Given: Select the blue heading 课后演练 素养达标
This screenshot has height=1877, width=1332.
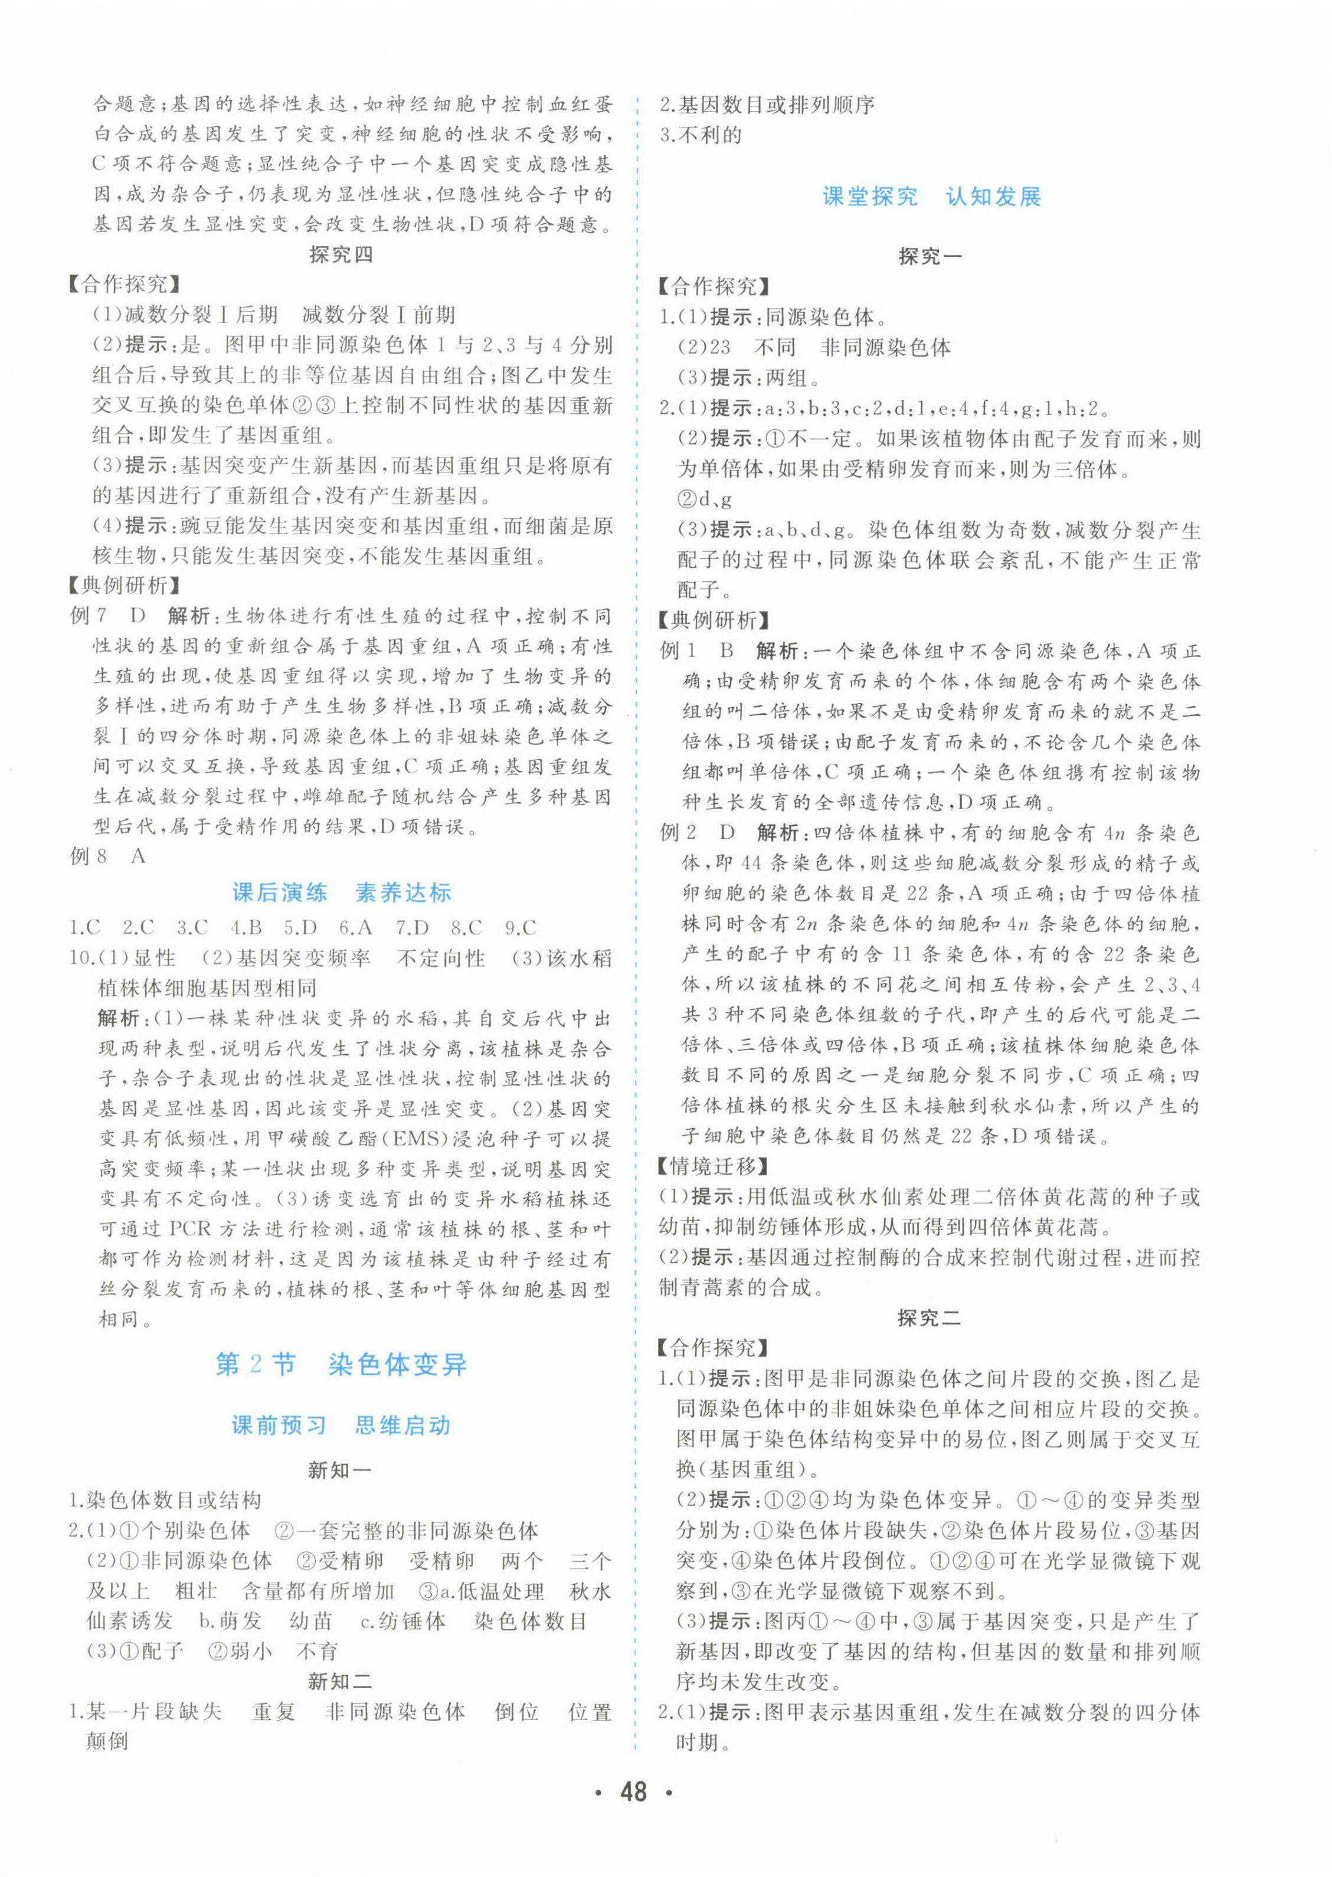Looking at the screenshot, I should coord(341,892).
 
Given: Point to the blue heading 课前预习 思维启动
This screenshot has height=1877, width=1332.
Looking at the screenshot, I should coord(341,1425).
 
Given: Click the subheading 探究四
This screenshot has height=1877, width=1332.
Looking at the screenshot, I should coord(341,255).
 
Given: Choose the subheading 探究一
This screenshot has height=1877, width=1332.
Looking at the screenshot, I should coord(930,257).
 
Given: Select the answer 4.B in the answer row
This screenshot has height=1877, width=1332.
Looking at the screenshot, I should coord(246,928).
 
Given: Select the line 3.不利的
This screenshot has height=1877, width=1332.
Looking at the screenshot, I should coord(701,135).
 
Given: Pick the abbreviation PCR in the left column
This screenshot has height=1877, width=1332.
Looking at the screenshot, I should coord(190,1229).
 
